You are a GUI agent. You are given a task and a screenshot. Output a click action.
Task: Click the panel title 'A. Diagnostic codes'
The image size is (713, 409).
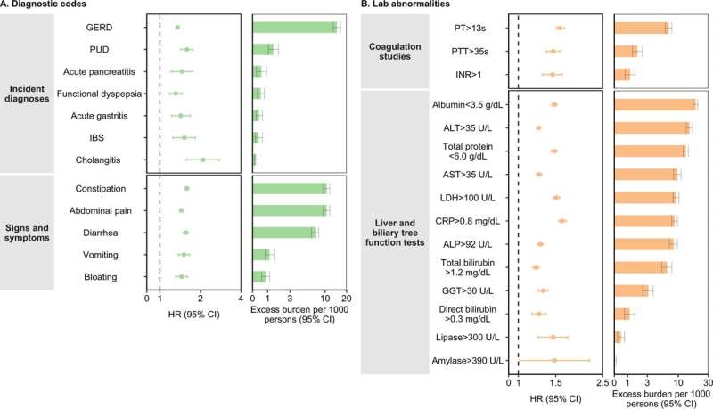[45, 6]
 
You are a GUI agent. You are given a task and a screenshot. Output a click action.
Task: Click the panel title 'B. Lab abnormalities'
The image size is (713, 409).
[410, 6]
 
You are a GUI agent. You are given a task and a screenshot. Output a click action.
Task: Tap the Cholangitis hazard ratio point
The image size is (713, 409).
[203, 160]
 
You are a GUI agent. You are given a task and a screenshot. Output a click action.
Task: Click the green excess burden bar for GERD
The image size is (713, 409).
[295, 28]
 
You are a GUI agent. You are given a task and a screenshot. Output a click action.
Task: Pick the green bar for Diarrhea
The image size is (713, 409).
[284, 233]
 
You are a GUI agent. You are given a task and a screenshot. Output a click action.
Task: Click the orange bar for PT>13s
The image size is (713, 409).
[641, 29]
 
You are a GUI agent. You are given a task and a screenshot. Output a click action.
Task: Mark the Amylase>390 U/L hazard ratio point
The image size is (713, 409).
[553, 361]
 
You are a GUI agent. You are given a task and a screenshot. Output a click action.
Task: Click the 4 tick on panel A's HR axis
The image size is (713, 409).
[241, 299]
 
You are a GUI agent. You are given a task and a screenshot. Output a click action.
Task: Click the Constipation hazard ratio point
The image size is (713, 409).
[186, 188]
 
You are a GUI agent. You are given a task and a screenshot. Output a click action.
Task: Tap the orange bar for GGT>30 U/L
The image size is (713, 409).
[631, 290]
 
